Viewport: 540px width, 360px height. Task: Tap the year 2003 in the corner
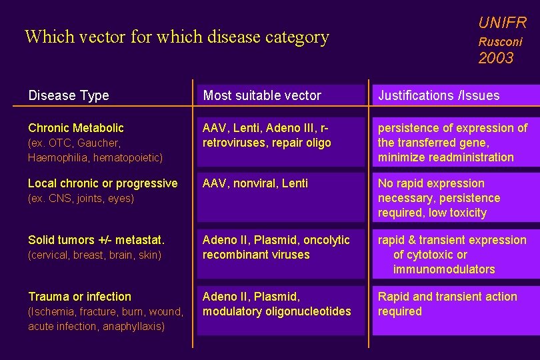coord(496,58)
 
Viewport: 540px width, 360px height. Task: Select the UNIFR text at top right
coord(502,23)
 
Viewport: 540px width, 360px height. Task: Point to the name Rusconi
coord(500,41)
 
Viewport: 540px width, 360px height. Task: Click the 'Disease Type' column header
coord(69,95)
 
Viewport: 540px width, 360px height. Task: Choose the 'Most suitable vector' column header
coord(262,95)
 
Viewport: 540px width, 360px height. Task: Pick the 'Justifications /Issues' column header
coord(439,95)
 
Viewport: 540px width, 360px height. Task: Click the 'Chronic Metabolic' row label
coord(76,127)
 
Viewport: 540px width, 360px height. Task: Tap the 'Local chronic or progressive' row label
coord(103,183)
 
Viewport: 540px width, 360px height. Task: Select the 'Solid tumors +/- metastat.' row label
coord(96,240)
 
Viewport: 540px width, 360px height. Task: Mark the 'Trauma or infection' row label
coord(79,297)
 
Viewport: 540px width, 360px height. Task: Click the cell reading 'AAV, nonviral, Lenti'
coord(255,183)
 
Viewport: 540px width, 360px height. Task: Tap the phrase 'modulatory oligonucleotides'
coord(277,311)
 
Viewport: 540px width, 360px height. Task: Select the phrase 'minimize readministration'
coord(445,157)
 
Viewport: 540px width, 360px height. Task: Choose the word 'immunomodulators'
coord(444,269)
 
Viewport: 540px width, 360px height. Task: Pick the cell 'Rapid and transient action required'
coord(447,304)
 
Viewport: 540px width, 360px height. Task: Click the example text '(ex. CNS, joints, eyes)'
coord(81,198)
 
